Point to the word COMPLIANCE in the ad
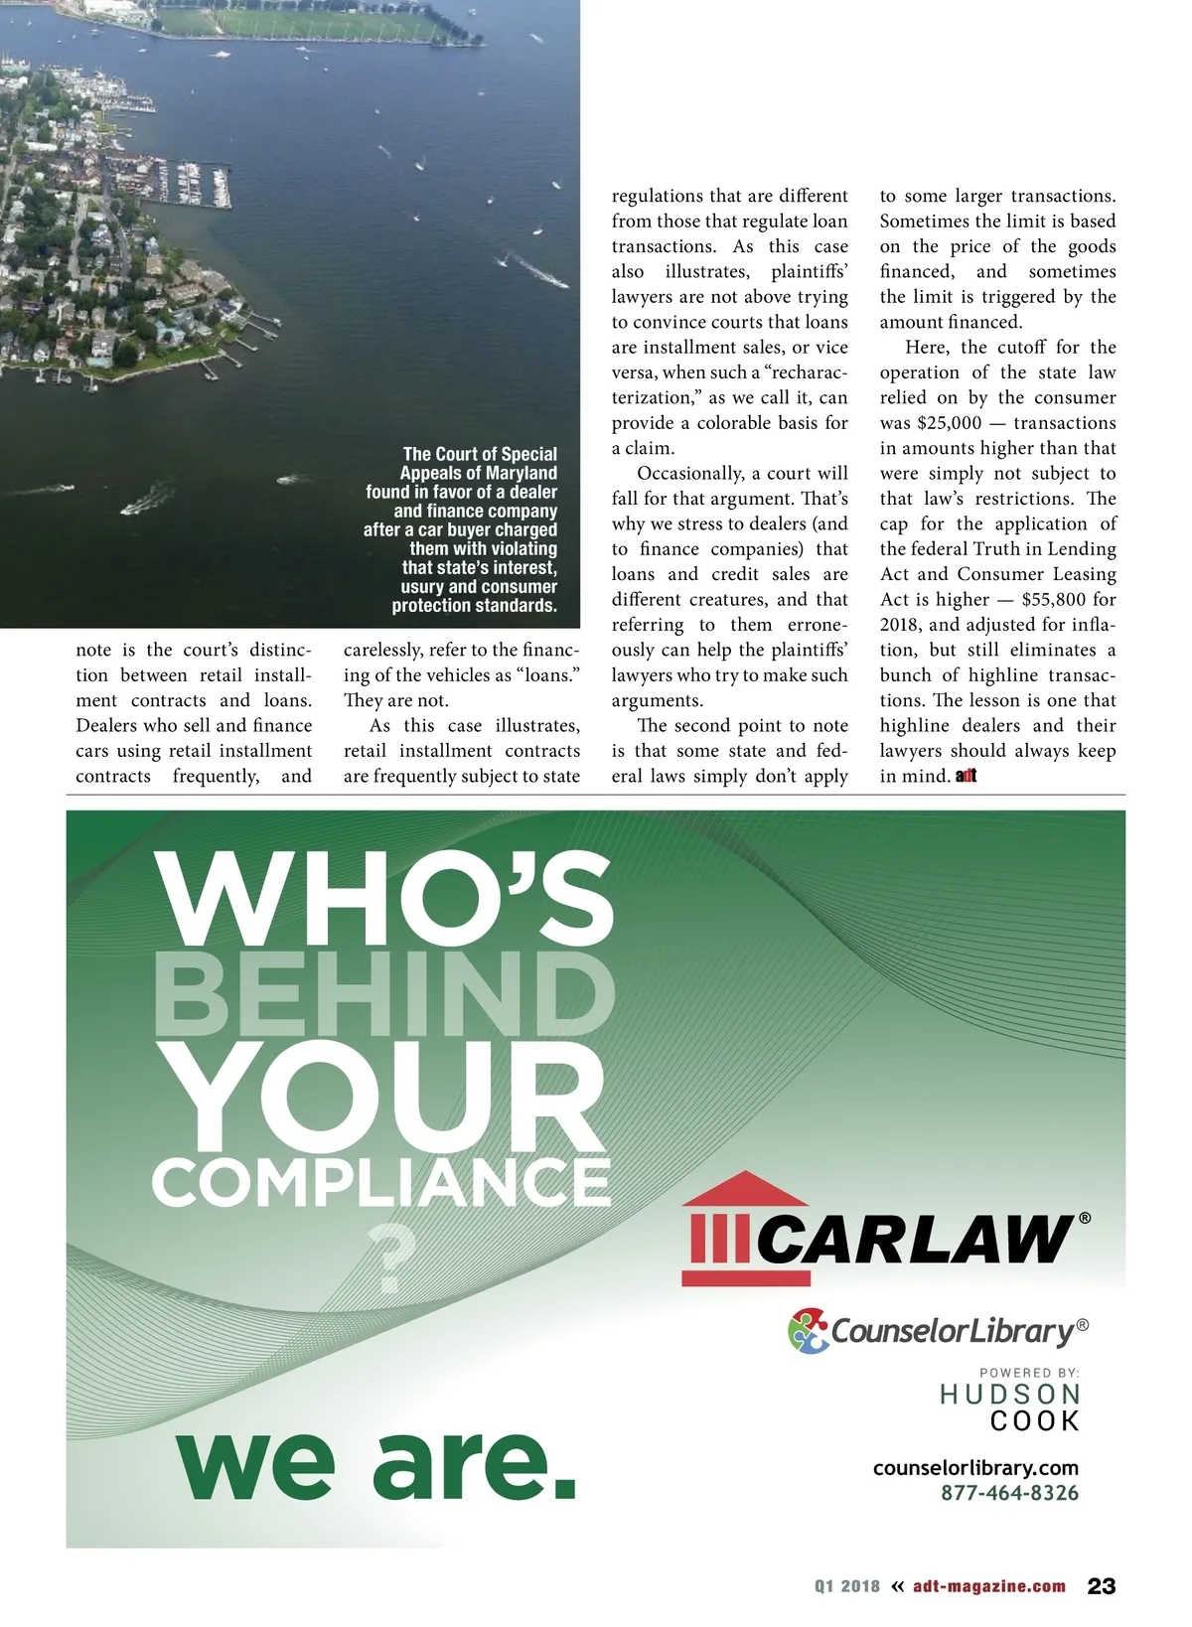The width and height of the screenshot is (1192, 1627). point(380,1182)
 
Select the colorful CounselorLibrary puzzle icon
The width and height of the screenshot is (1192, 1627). point(809,1330)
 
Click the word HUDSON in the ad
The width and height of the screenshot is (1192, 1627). point(1010,1395)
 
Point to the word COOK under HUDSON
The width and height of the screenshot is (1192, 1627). point(1035,1421)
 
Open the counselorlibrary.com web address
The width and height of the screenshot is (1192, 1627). point(975,1467)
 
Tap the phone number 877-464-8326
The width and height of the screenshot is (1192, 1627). point(1009,1492)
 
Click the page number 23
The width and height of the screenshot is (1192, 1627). point(1102,1585)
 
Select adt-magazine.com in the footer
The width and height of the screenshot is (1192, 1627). point(989,1586)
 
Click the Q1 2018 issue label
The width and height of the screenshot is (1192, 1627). point(847,1586)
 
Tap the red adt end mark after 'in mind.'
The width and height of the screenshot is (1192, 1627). point(967,777)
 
